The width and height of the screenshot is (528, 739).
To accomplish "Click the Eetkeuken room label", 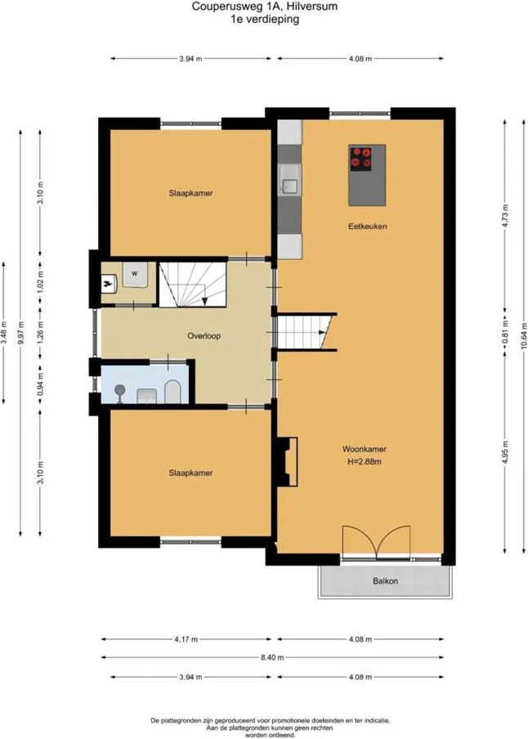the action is point(368,226).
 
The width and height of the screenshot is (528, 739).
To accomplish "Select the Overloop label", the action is point(204,336).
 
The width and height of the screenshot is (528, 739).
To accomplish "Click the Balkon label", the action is point(385,581).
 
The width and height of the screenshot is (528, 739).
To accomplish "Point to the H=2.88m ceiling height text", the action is point(365,462).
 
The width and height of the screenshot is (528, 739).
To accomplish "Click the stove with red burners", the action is point(360,159).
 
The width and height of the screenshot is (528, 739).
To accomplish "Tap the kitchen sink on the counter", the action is point(289,180).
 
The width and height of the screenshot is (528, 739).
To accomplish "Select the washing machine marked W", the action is point(136,274).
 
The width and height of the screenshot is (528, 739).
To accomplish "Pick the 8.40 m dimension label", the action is point(272,657).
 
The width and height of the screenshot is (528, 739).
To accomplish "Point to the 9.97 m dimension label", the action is point(20,333).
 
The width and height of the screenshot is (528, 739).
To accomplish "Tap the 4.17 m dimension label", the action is point(186,639).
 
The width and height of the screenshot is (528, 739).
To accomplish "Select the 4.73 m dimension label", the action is point(505,216).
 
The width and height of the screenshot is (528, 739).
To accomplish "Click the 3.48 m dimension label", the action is point(4,333).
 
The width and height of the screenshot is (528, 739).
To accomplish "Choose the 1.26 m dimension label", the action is point(40,333).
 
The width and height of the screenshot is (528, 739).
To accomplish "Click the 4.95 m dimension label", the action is point(505,452).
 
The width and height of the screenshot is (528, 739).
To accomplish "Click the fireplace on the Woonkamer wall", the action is point(287,462).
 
